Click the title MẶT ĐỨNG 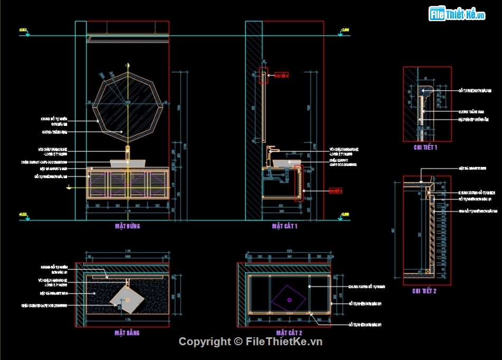(x=127, y=226)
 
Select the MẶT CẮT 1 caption (x=285, y=226)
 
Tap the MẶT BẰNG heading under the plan (x=127, y=333)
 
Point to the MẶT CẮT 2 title (x=289, y=333)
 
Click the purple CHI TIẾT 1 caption (x=425, y=147)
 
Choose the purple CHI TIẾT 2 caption (x=424, y=290)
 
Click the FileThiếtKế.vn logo (x=457, y=14)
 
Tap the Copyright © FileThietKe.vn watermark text (x=250, y=341)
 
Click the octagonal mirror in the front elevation (x=127, y=106)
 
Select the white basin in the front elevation (x=127, y=163)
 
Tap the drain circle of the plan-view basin (x=127, y=300)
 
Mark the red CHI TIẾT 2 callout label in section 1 (x=336, y=190)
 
